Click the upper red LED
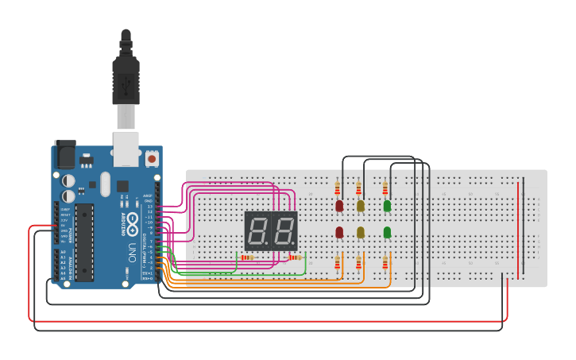(339, 206)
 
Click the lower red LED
(339, 232)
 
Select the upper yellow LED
(361, 206)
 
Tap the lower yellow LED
(361, 232)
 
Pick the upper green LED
(387, 206)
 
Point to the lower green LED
(387, 232)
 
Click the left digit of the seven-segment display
(257, 230)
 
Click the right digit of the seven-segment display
(284, 230)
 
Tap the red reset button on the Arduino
(152, 159)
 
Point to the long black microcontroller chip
(84, 242)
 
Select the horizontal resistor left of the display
(247, 257)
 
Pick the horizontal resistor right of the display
(296, 257)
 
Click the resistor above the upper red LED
(338, 188)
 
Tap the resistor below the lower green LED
(385, 261)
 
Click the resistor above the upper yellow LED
(359, 188)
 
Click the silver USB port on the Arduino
(126, 148)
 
